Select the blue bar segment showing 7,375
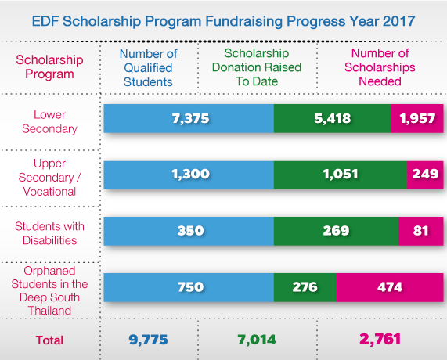189,118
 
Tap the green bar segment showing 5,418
332,118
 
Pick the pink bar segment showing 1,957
417,118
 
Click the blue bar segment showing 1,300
189,175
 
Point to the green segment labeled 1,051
340,175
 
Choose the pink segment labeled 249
425,175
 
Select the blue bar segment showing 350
189,231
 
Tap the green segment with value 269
336,231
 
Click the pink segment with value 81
421,231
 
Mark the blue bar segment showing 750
189,287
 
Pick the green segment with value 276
305,287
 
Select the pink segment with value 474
390,287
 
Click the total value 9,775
148,340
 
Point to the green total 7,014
257,340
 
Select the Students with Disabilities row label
50,232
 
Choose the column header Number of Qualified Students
148,67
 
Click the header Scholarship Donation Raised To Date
257,67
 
